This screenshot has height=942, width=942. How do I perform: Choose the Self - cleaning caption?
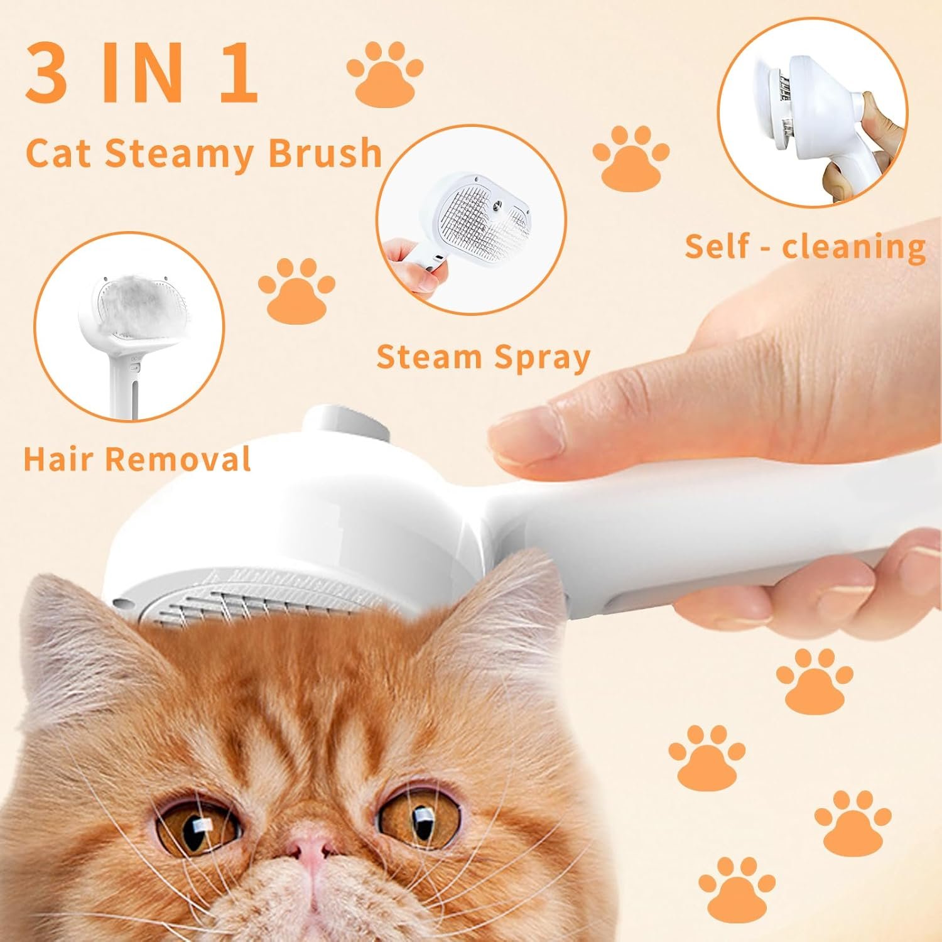805,246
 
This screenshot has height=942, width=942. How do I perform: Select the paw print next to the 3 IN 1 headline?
384,74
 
